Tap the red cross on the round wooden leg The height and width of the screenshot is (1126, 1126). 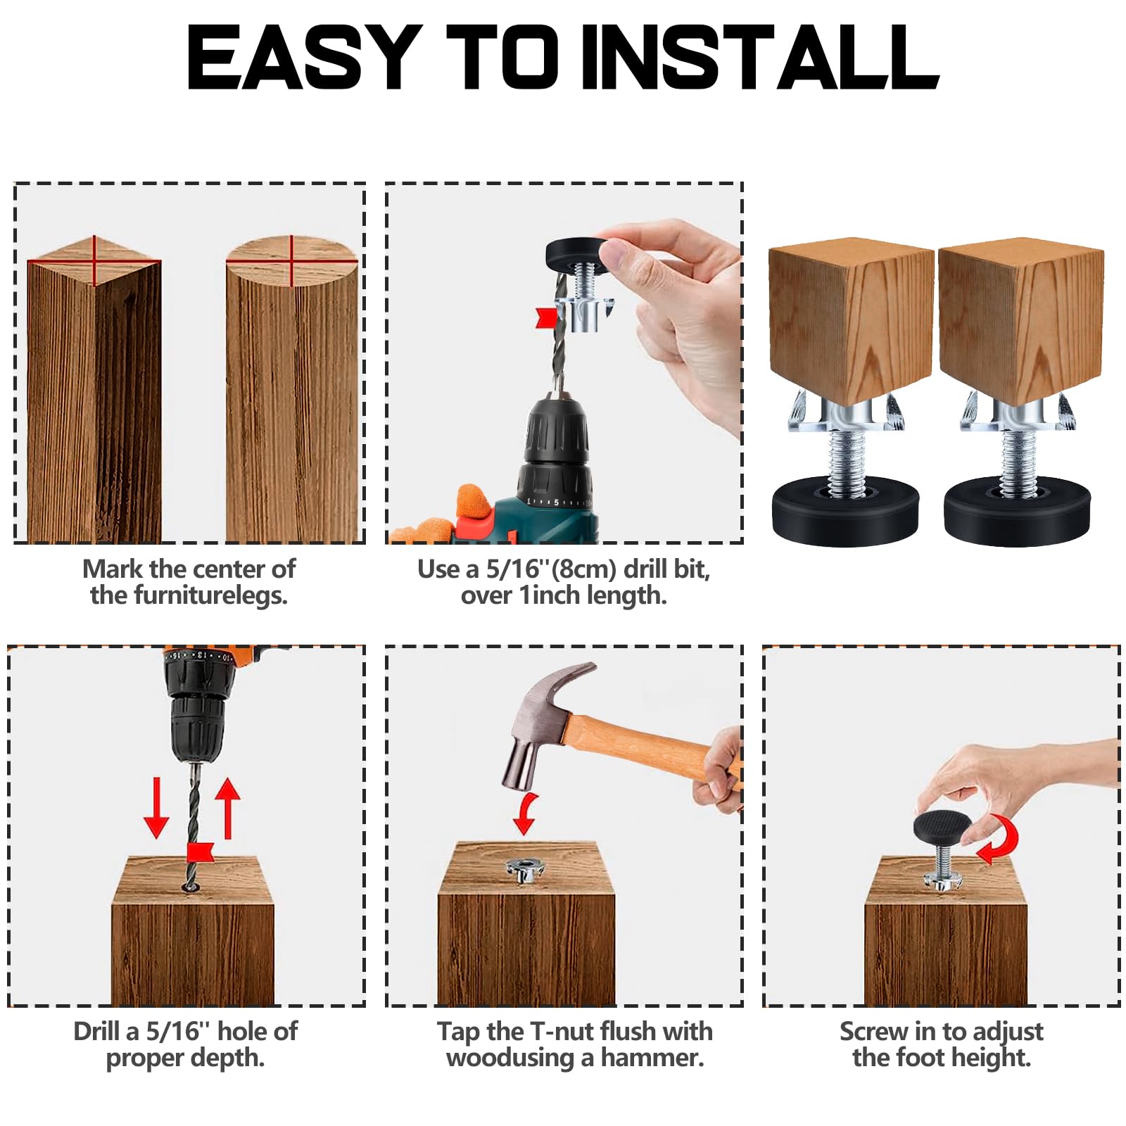click(291, 261)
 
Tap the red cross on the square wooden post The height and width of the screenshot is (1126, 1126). click(94, 261)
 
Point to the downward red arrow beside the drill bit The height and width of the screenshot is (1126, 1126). click(156, 808)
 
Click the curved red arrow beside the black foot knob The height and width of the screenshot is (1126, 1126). click(999, 839)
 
